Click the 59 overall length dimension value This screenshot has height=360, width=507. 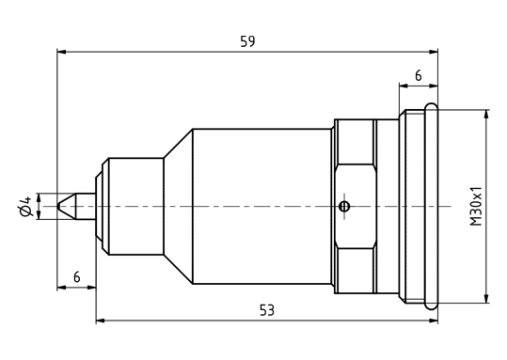[x=247, y=41]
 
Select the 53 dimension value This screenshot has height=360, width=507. [x=267, y=310]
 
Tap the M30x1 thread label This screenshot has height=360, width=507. [x=476, y=206]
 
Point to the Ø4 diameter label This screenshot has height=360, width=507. [x=25, y=206]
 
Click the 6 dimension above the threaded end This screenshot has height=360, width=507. [x=419, y=75]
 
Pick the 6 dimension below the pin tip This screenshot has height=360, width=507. [x=76, y=277]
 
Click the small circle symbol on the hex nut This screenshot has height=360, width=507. [x=344, y=206]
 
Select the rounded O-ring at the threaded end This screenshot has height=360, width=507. [x=432, y=206]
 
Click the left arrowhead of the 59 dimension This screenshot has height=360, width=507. [x=61, y=52]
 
